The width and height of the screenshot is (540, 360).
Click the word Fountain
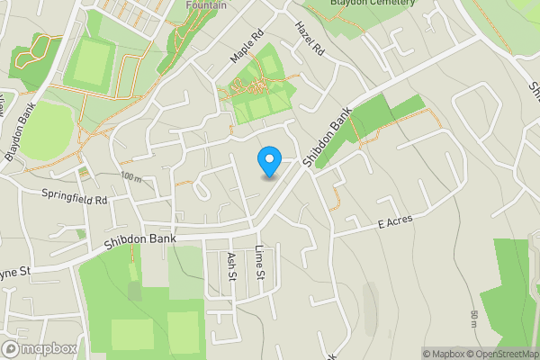coord(205,4)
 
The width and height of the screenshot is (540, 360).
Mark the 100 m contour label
coord(130,175)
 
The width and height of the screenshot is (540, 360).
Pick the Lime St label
coord(260,260)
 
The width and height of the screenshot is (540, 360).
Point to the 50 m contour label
coord(474,319)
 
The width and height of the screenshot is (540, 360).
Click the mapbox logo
coord(39,348)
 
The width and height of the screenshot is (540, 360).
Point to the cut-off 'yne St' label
coord(15,271)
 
